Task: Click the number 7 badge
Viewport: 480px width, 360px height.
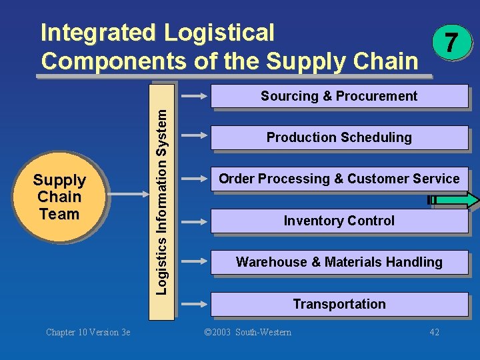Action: point(451,43)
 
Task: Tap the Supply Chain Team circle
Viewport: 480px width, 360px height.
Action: point(59,197)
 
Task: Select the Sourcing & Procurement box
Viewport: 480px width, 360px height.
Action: point(339,96)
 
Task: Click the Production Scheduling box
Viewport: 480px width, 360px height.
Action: point(339,137)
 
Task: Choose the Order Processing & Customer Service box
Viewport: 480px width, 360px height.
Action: point(339,179)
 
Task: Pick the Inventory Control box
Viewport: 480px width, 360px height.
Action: point(339,221)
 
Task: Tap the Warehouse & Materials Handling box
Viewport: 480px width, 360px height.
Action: point(339,262)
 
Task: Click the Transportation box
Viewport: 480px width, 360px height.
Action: point(339,304)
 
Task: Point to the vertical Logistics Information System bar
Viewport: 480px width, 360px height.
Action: point(163,201)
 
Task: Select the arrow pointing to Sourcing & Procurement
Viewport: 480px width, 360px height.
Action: point(195,96)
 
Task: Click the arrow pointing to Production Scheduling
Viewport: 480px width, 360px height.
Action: point(195,137)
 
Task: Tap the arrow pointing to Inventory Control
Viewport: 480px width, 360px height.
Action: point(195,221)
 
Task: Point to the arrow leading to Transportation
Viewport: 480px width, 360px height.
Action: point(195,304)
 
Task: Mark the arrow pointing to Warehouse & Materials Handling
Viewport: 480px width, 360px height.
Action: point(195,262)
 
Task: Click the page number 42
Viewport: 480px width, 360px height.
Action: point(435,332)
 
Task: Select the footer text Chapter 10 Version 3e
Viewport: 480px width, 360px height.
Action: point(88,332)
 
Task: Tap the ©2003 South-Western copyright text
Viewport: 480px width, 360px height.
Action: point(247,332)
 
